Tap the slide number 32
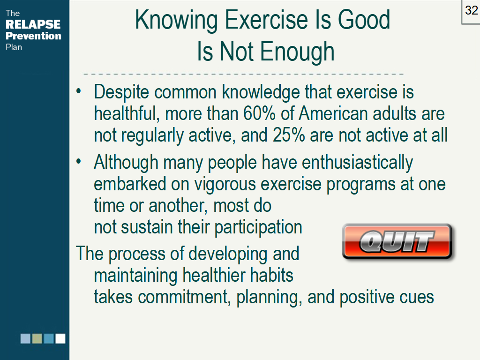coord(471,10)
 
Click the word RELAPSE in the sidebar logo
coord(33,24)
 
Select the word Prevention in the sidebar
coord(33,36)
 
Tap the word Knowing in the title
coord(176,20)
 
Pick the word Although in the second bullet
coord(126,163)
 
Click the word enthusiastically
coord(357,163)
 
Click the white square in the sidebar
coord(60,338)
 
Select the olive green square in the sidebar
coord(37,338)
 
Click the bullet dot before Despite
coord(79,90)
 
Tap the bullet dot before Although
coord(79,162)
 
